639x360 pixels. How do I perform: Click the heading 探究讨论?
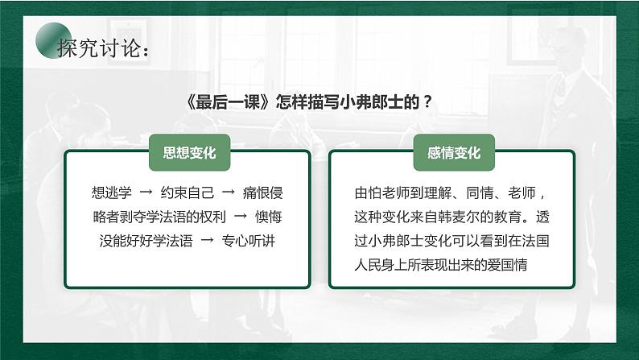(103, 49)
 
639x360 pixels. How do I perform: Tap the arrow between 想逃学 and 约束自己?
(146, 193)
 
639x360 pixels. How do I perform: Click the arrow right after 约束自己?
(227, 193)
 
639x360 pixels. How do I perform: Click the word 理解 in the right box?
(440, 193)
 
